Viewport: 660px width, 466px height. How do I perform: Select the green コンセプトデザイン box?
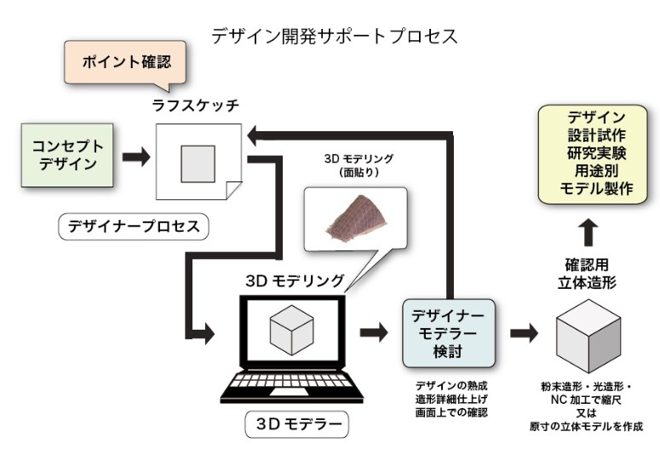66,155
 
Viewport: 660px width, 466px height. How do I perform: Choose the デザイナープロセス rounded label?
133,227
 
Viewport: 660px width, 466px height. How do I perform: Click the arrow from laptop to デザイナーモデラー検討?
373,330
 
